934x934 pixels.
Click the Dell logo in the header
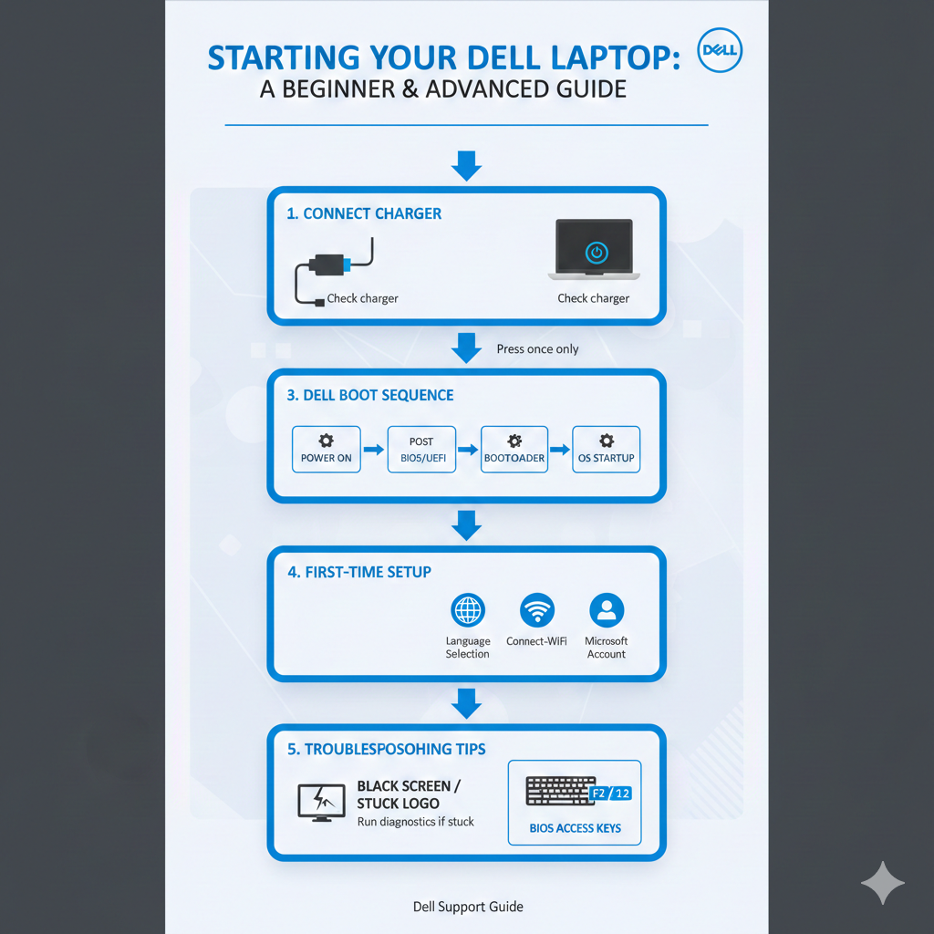(x=719, y=54)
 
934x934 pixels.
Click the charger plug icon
(x=327, y=265)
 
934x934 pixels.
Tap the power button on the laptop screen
(x=595, y=253)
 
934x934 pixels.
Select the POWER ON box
(x=326, y=449)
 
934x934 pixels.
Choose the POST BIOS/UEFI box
(x=420, y=449)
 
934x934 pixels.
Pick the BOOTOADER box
(x=514, y=449)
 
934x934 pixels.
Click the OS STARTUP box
(x=606, y=449)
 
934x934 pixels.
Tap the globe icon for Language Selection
(x=468, y=609)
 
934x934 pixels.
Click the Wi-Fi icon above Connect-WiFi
(x=536, y=609)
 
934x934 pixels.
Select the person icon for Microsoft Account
(x=607, y=609)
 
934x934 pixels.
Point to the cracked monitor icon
(x=321, y=802)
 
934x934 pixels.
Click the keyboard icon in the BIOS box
(x=560, y=791)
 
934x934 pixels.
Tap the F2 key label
(x=600, y=794)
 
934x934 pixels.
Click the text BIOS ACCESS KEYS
(x=575, y=828)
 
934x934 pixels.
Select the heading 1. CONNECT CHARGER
(x=364, y=213)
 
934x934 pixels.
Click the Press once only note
(x=537, y=349)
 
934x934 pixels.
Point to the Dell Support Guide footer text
(x=468, y=907)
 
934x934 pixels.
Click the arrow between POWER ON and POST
(x=373, y=450)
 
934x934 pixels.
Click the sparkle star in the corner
(x=882, y=882)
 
